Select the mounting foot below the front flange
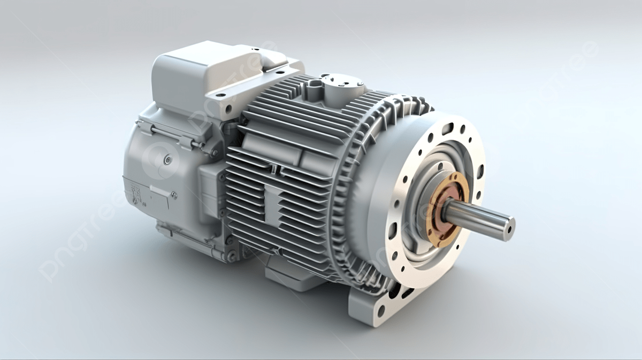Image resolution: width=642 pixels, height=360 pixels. (x=374, y=308)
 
